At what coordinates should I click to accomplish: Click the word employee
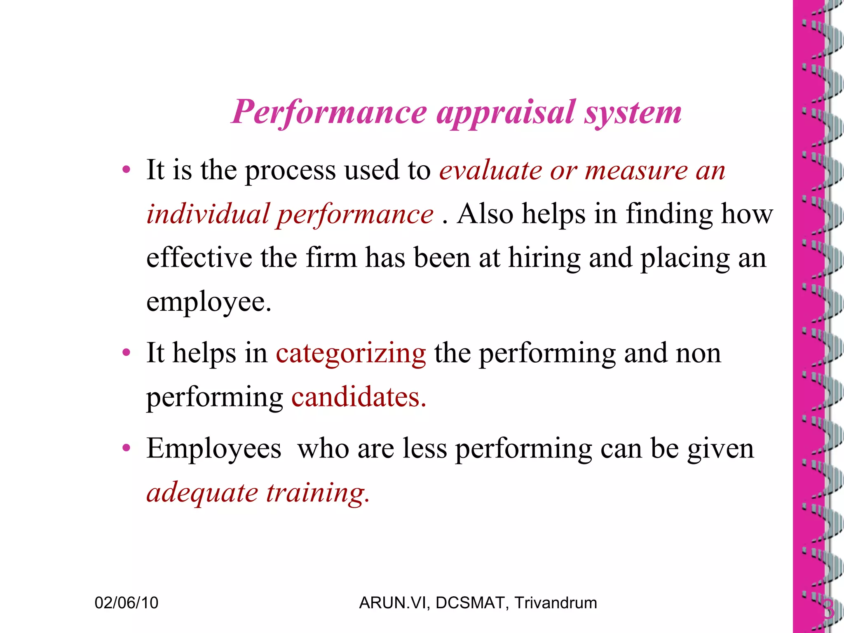(209, 302)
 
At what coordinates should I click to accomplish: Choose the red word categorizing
(351, 353)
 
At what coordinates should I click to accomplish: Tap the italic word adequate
(202, 493)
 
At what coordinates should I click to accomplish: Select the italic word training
(318, 493)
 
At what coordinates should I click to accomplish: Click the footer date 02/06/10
(126, 603)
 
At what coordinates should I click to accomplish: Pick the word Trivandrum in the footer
(556, 603)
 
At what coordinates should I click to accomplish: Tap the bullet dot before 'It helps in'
(126, 353)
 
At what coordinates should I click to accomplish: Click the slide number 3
(828, 610)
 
